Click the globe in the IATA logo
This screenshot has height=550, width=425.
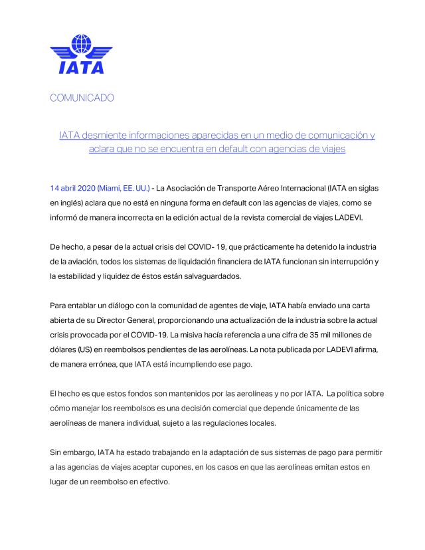81,45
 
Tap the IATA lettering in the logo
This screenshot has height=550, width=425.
81,66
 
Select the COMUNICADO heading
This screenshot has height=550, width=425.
82,98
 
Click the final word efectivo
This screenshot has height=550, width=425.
153,482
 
